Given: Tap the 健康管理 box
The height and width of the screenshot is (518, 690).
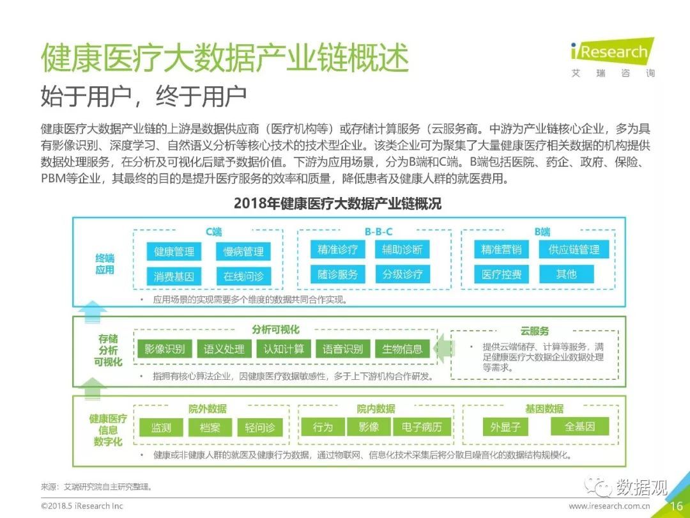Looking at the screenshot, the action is point(174,251).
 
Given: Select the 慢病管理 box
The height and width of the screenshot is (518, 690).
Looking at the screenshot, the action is point(243,251).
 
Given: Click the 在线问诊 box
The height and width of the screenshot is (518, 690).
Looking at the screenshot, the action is point(243,276).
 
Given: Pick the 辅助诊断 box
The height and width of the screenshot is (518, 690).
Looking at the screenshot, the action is point(402,250).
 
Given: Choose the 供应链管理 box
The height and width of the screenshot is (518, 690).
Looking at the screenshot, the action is point(574,250).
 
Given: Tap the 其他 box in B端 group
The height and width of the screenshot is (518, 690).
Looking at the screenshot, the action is point(566,274).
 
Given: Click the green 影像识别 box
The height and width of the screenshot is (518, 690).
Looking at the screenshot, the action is point(165,349).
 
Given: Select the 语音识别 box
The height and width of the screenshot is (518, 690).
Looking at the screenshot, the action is point(342,349).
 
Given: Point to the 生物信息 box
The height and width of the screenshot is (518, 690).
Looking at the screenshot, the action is point(402,349).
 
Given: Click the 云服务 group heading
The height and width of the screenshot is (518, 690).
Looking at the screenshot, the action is point(535,331).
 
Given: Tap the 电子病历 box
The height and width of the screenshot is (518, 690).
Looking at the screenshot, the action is point(422,427).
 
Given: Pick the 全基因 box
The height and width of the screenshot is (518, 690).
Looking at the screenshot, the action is point(580,427).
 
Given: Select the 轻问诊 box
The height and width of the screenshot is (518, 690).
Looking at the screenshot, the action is point(260,427).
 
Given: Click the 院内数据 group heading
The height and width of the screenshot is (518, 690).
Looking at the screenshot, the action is point(376,409).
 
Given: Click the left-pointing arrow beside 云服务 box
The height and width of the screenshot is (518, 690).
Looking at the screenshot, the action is point(443,349).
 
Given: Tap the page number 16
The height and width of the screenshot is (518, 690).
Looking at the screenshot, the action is point(676,506).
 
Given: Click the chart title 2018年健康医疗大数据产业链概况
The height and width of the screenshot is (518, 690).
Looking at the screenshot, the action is point(337,203).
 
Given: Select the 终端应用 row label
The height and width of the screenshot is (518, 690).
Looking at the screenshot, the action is point(105,264).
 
